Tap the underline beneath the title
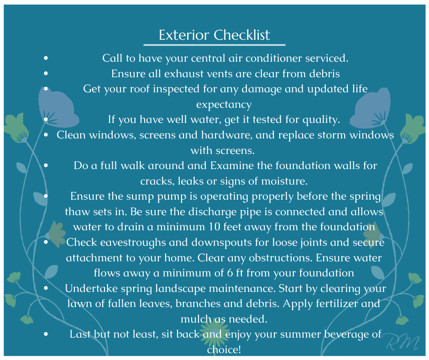point(214,45)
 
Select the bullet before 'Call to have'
point(46,58)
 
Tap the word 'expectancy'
point(224,105)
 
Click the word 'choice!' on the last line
point(224,349)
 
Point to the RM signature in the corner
point(403,343)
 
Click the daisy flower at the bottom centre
point(215,334)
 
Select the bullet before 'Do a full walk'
point(46,165)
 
